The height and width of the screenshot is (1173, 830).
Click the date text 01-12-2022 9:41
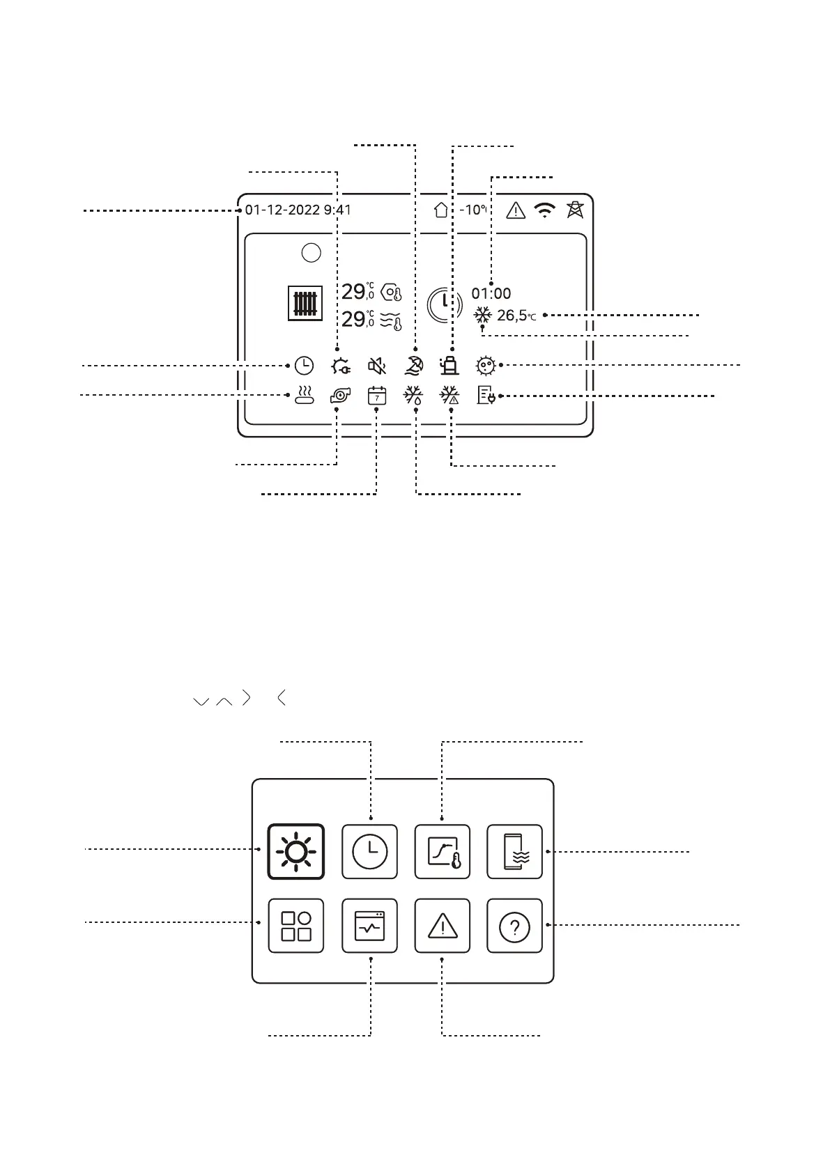point(298,210)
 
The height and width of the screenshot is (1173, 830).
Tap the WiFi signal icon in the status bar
point(545,210)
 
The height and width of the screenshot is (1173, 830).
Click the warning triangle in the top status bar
point(515,210)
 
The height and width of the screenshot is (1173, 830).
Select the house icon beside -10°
point(441,210)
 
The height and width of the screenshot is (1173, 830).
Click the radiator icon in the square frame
point(305,304)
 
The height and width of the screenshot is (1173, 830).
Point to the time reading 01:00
point(491,294)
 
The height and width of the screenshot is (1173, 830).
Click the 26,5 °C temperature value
point(516,316)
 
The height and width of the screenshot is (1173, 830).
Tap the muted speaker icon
point(377,365)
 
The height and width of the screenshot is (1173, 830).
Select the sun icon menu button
point(296,852)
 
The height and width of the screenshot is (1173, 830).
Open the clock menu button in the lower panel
point(369,852)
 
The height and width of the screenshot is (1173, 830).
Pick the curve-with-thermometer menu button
point(442,852)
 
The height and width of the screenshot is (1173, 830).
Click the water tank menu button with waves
point(514,852)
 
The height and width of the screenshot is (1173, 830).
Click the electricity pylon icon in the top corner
point(575,209)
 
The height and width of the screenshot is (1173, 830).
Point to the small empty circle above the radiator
point(312,253)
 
